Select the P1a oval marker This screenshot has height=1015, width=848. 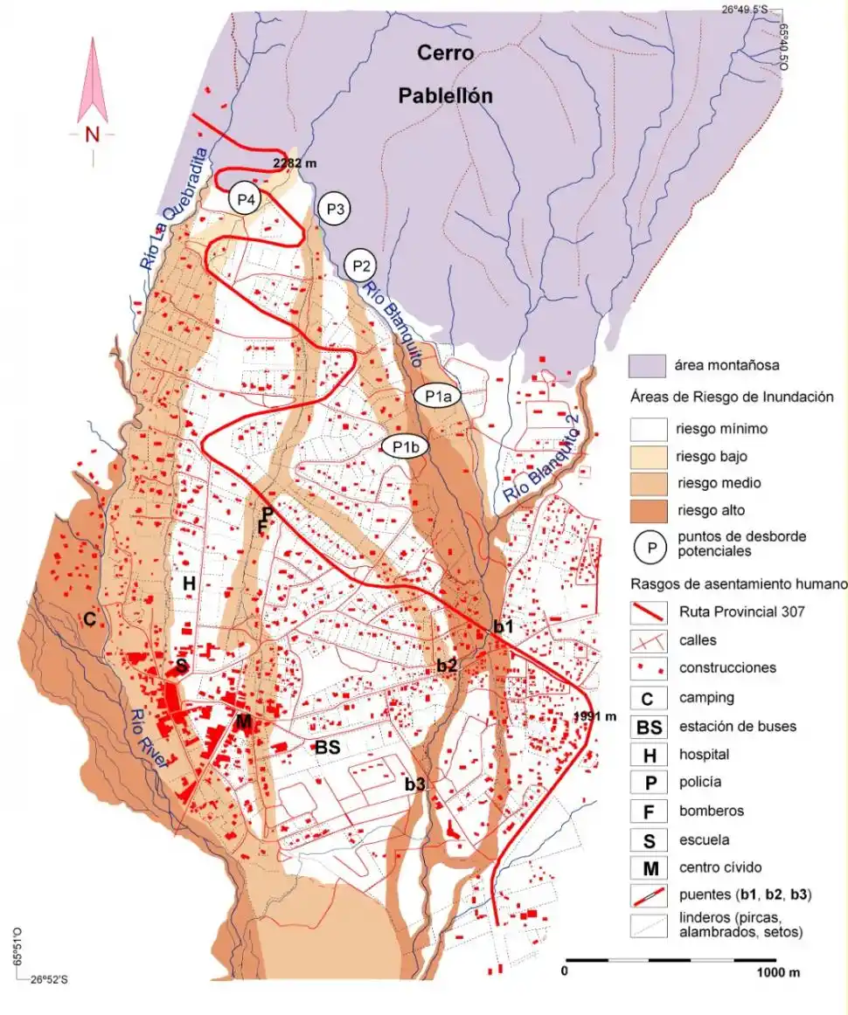tap(437, 396)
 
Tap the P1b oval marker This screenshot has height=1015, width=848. tap(405, 446)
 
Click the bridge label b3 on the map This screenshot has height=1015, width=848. tap(414, 784)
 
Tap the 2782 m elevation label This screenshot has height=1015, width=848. tap(294, 163)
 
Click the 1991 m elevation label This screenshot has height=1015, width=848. tap(595, 716)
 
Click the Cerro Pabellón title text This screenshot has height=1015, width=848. tap(445, 74)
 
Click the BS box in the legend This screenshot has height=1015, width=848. tap(648, 726)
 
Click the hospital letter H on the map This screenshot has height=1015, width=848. tap(188, 583)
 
